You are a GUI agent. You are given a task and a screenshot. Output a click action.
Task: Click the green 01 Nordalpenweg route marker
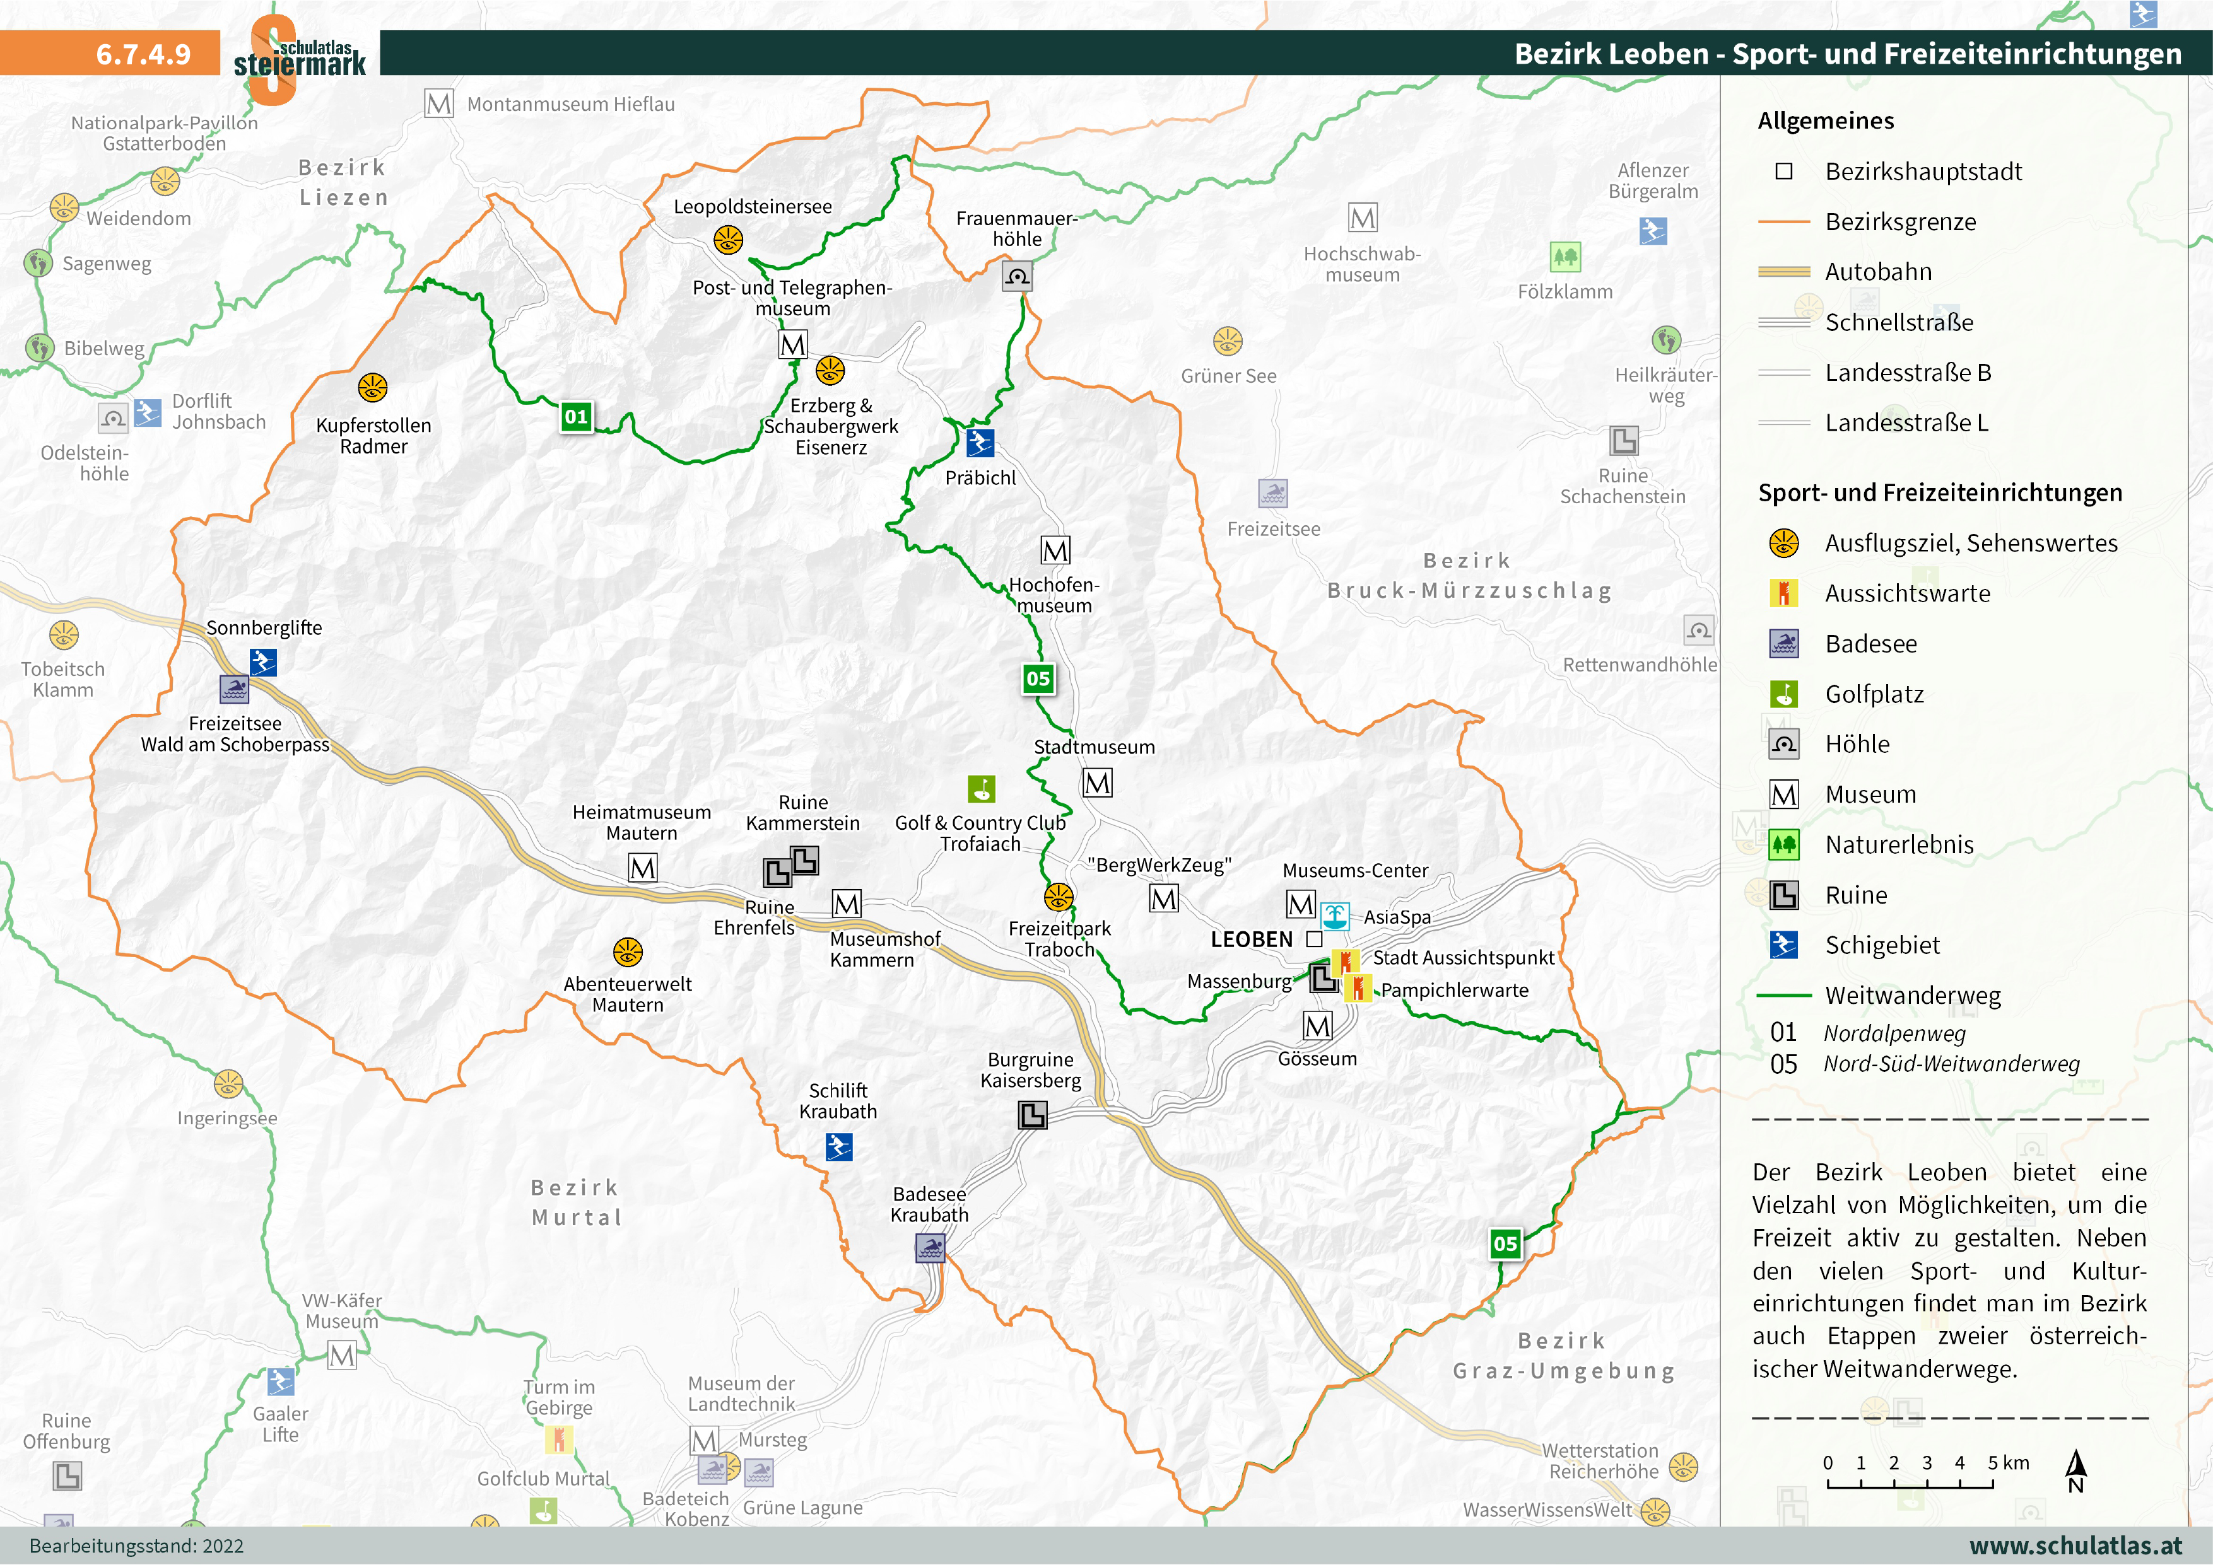577,416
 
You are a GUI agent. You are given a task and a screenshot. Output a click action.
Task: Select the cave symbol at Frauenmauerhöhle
1017,277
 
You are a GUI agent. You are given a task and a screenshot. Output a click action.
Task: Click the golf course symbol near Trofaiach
981,789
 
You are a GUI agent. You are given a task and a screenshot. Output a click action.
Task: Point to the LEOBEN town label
1251,940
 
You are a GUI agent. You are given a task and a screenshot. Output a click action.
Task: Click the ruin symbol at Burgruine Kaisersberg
1032,1115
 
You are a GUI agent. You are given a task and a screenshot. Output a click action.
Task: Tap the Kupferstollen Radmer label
374,436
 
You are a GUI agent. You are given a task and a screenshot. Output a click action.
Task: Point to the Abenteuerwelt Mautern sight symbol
628,952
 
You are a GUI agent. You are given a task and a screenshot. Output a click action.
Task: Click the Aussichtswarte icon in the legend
1783,593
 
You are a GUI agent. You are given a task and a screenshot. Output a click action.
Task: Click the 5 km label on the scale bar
2009,1463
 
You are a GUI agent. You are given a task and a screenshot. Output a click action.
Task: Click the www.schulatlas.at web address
2075,1545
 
